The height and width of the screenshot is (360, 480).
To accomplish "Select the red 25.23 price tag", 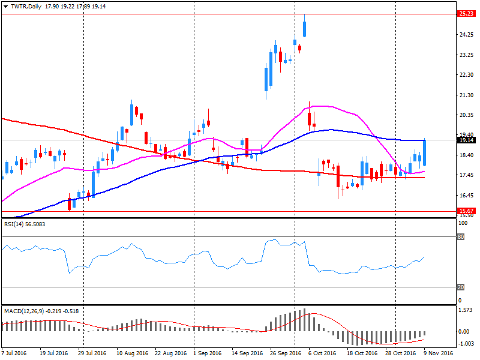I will click(466, 14).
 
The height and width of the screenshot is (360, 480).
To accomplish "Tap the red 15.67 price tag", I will click(466, 211).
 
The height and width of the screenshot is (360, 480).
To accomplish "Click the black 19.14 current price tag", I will click(466, 140).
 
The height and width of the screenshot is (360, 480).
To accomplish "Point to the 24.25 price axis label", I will click(466, 35).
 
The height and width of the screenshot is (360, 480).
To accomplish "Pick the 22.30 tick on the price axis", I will click(466, 75).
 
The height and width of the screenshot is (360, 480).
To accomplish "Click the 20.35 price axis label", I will click(466, 115).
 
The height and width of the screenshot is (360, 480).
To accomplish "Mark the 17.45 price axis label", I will click(466, 175).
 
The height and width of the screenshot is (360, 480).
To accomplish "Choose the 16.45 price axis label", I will click(466, 196).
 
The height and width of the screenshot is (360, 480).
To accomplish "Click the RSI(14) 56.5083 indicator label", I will click(25, 224).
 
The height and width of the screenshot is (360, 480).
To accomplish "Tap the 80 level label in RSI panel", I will click(461, 237).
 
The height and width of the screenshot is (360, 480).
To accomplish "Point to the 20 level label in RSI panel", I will click(461, 287).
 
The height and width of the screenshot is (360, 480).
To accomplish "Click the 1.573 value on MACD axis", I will click(464, 311).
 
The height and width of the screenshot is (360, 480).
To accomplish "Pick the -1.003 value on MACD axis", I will click(464, 343).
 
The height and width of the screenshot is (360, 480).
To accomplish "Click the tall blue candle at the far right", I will click(425, 152).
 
